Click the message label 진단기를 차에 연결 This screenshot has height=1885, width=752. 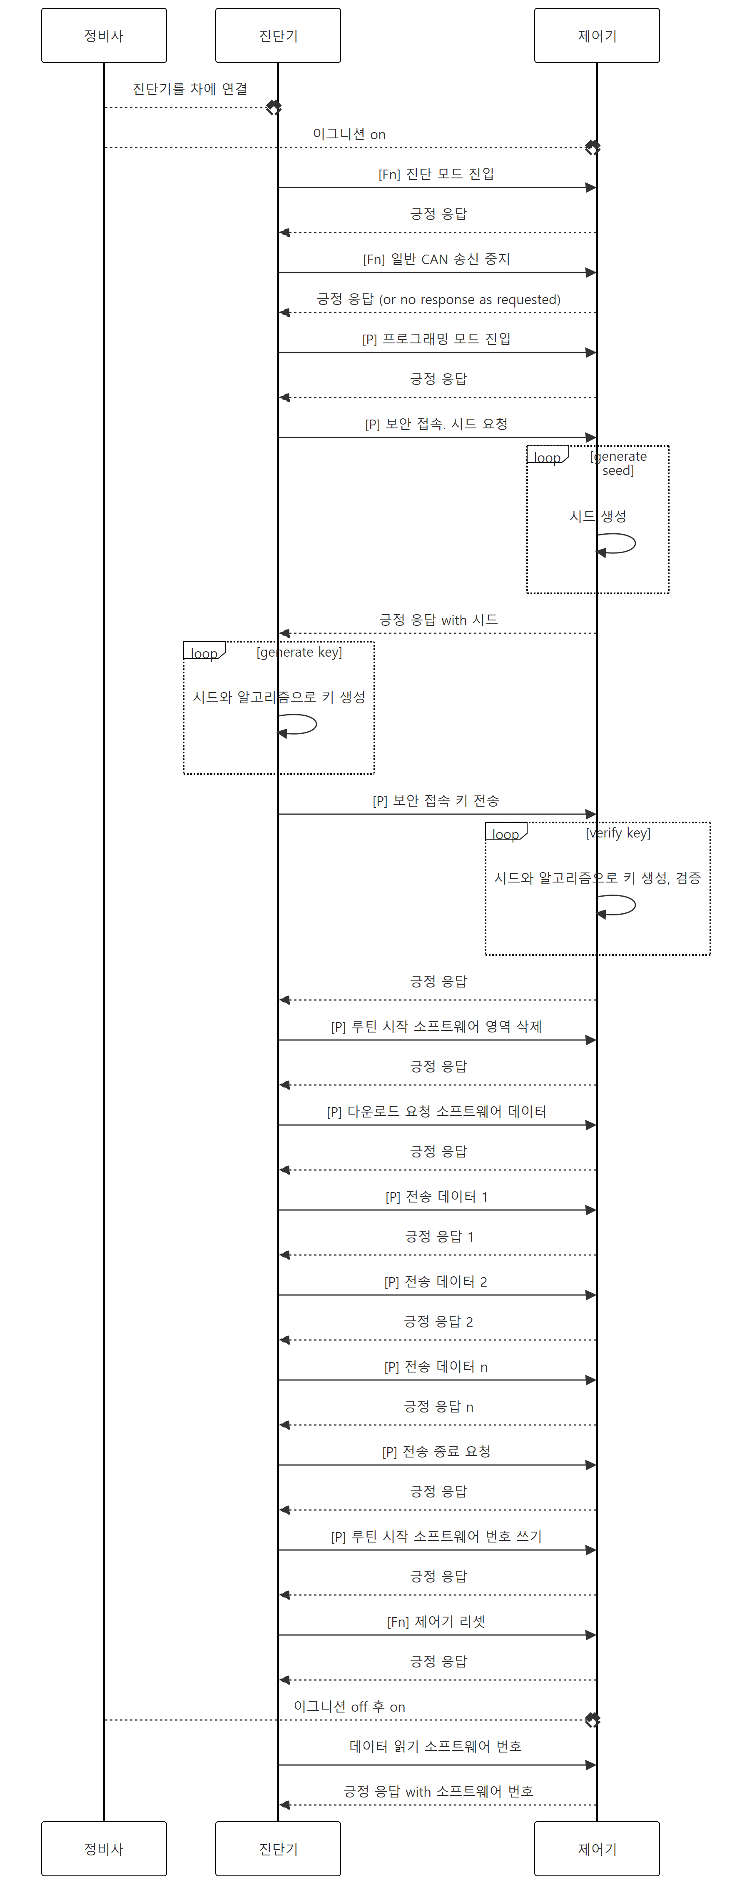(189, 89)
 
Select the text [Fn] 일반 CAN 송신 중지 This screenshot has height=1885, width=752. (437, 259)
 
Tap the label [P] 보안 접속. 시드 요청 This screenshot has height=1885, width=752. (437, 424)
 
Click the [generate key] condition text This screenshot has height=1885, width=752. (299, 652)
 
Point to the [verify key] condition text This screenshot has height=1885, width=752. (618, 833)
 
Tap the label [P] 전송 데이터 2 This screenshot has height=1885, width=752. (436, 1281)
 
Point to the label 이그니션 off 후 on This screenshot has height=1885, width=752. (350, 1706)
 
